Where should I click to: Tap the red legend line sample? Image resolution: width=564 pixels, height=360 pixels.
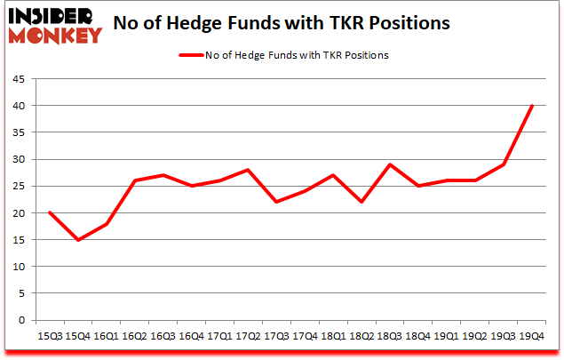(x=195, y=55)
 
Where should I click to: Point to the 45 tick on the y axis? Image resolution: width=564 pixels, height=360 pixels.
(x=19, y=79)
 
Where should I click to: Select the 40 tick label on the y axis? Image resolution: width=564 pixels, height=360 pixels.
(x=19, y=106)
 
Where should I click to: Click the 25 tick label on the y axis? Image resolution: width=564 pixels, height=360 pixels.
(x=19, y=187)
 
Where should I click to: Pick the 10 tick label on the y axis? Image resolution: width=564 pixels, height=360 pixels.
(x=19, y=267)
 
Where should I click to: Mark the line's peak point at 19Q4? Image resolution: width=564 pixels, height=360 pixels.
(x=532, y=106)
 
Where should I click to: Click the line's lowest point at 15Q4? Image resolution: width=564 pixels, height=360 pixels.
(x=78, y=240)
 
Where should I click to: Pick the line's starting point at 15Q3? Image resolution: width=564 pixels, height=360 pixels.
(x=50, y=213)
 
